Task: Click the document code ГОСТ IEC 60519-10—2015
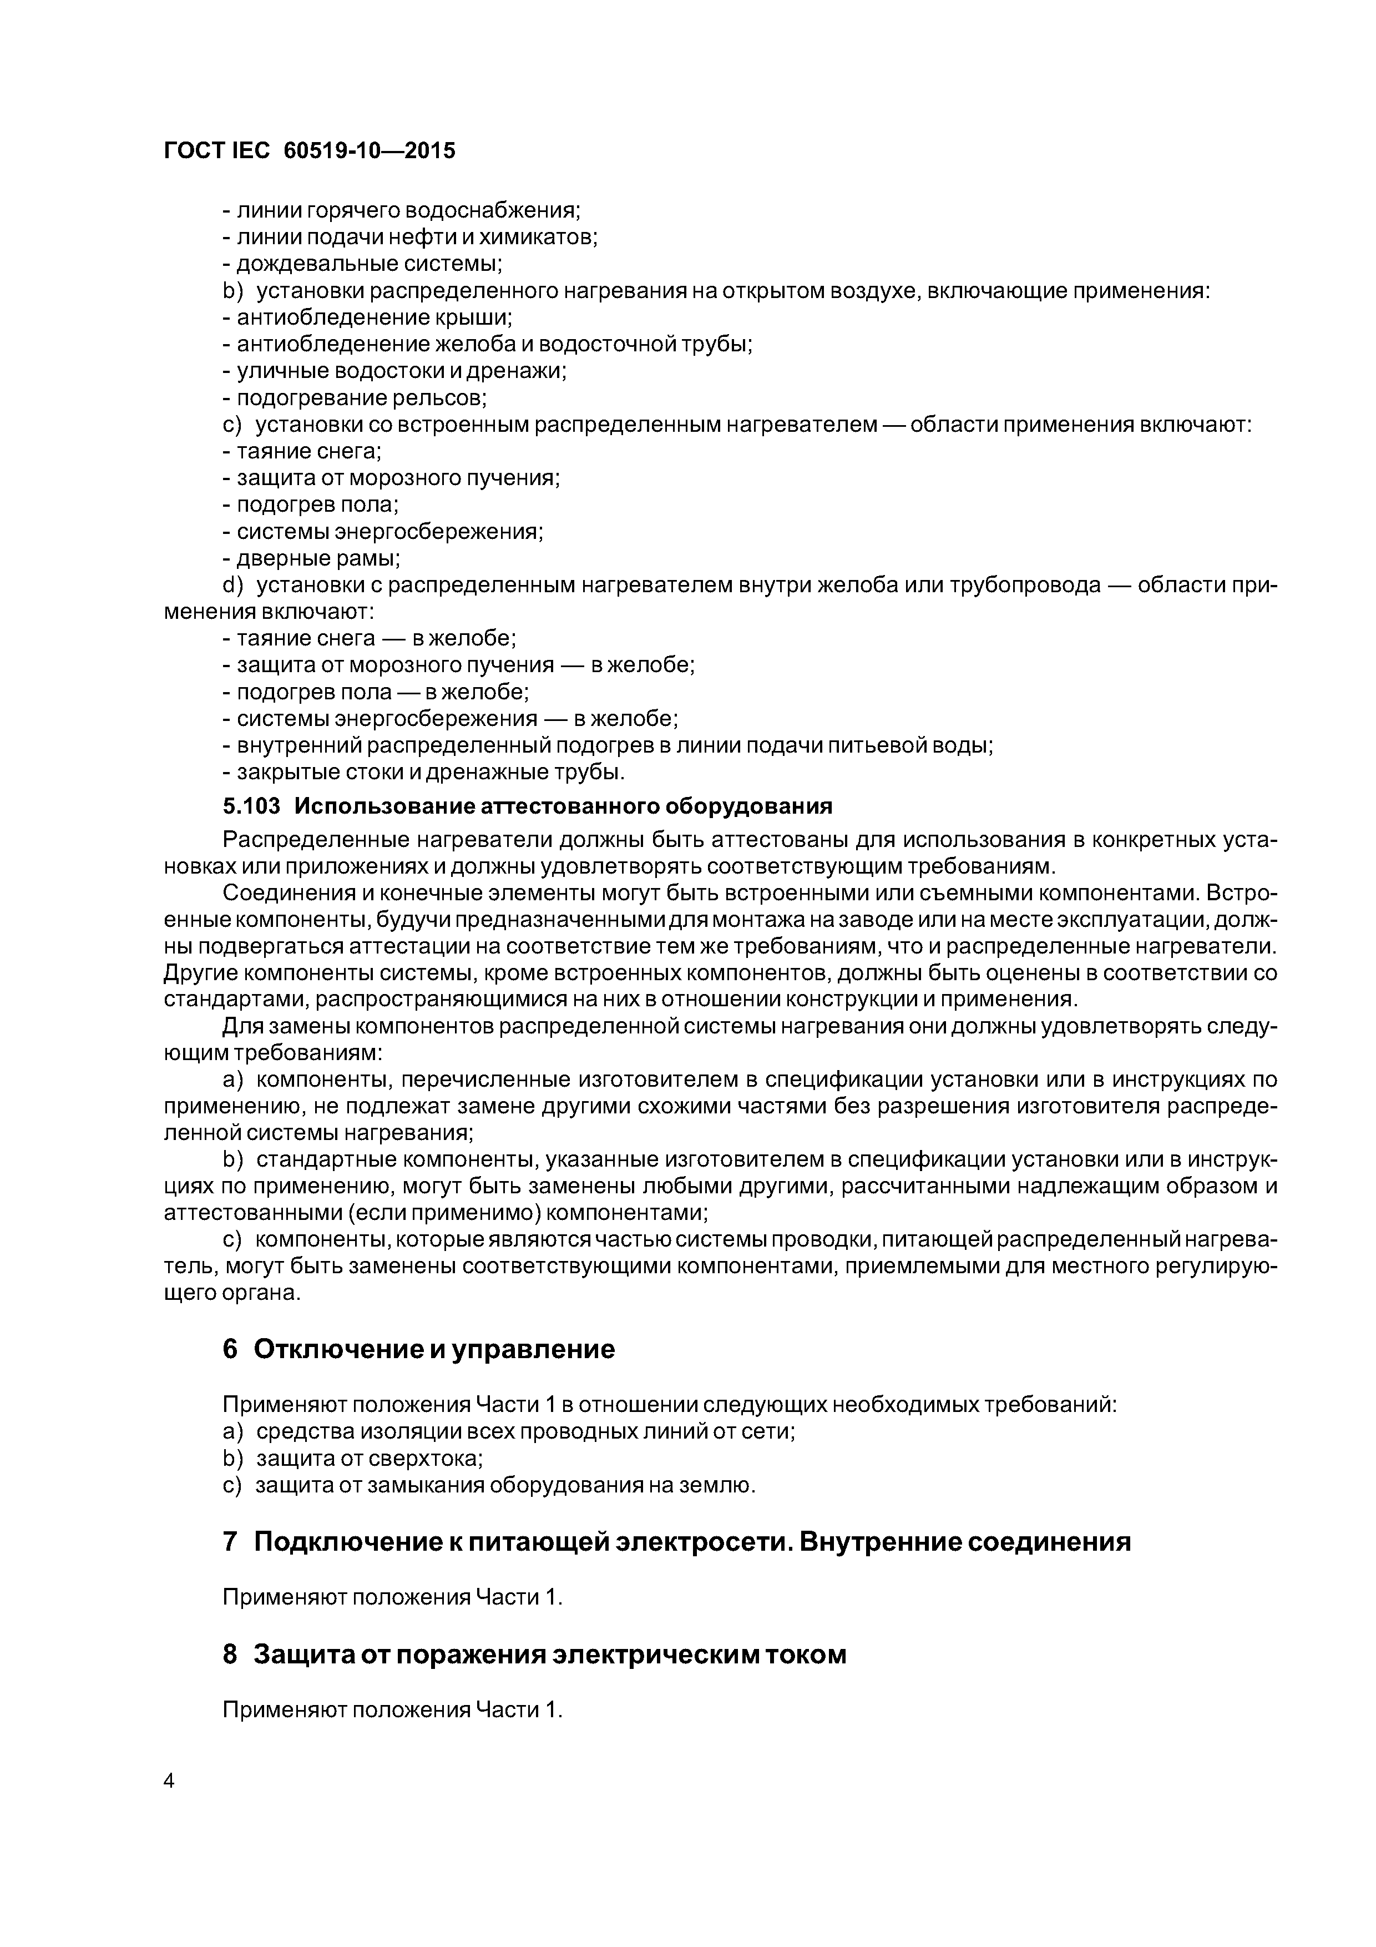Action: click(310, 150)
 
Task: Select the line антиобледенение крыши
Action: click(367, 317)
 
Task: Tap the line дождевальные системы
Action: click(362, 264)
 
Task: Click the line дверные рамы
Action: click(311, 558)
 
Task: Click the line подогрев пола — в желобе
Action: click(376, 692)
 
